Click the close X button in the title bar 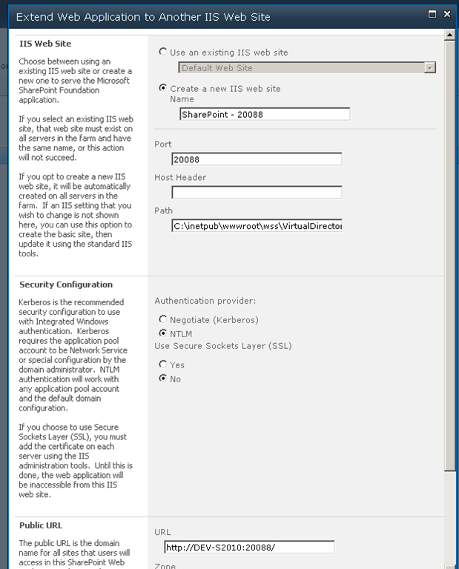point(446,14)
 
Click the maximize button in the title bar point(433,14)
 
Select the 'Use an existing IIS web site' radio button point(163,52)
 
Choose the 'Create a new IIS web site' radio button point(163,88)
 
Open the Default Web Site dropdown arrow point(429,67)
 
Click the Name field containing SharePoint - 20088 point(264,114)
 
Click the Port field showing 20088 point(257,159)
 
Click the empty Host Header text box point(257,193)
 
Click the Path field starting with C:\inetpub point(257,226)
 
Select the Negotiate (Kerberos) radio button point(163,319)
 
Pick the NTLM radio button point(163,333)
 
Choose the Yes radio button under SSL point(163,365)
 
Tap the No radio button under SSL point(163,379)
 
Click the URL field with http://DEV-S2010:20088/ point(249,548)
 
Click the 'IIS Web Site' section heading point(45,44)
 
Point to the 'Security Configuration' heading point(66,284)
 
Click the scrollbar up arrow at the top point(449,34)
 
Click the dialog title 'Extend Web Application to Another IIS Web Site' point(143,16)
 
